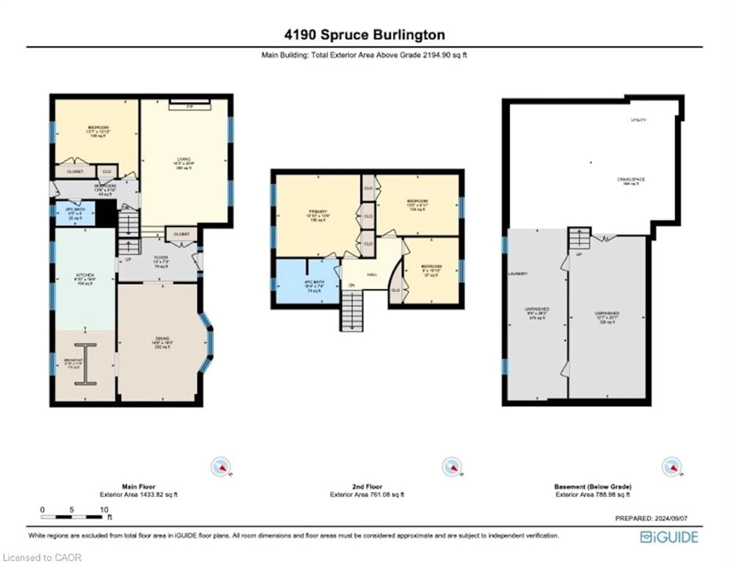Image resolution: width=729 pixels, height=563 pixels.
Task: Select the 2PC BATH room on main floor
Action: [75, 213]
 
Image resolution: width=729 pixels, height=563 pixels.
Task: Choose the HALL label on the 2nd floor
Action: [372, 275]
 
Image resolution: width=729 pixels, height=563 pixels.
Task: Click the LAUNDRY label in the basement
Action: [518, 274]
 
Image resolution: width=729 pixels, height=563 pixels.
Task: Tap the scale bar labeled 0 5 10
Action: [71, 517]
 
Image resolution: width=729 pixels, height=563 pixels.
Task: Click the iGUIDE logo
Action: [669, 537]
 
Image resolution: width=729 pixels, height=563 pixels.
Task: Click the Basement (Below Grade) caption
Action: [593, 487]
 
